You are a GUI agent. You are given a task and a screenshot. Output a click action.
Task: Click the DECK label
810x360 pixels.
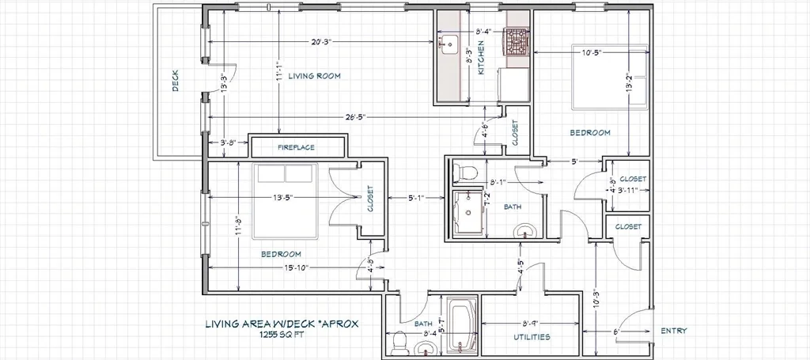tap(175, 81)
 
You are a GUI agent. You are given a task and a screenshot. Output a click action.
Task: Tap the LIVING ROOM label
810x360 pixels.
tap(314, 76)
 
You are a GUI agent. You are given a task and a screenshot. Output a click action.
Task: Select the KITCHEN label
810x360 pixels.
tap(481, 61)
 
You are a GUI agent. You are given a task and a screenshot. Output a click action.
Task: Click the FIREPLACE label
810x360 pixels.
tap(296, 147)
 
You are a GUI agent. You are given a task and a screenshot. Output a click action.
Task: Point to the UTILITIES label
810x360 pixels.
tap(532, 337)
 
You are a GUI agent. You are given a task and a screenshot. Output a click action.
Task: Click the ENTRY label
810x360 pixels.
tap(674, 331)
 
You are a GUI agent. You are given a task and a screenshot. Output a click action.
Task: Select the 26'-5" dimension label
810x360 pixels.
tap(355, 117)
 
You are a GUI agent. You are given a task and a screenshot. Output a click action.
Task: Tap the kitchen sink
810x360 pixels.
tap(448, 44)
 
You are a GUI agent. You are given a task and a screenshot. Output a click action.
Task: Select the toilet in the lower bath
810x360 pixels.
tap(399, 341)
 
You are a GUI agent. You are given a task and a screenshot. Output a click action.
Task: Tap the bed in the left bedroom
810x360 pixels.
tap(285, 201)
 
